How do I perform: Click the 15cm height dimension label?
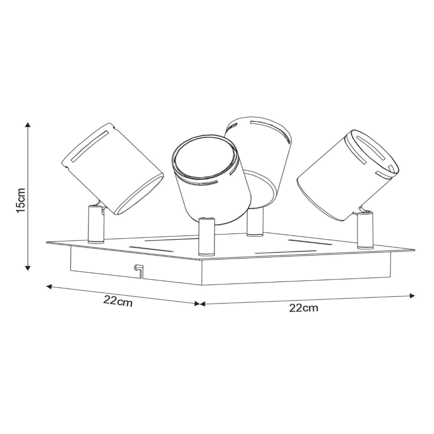pyautogui.click(x=20, y=200)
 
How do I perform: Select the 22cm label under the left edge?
pyautogui.click(x=118, y=301)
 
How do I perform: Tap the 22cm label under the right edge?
pyautogui.click(x=303, y=308)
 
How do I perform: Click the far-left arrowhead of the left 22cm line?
pyautogui.click(x=49, y=286)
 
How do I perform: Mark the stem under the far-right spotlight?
pyautogui.click(x=364, y=230)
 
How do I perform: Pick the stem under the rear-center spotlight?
pyautogui.click(x=255, y=221)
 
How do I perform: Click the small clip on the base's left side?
pyautogui.click(x=137, y=269)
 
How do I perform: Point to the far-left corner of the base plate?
pyautogui.click(x=48, y=243)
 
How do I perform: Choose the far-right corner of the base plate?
pyautogui.click(x=413, y=249)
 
